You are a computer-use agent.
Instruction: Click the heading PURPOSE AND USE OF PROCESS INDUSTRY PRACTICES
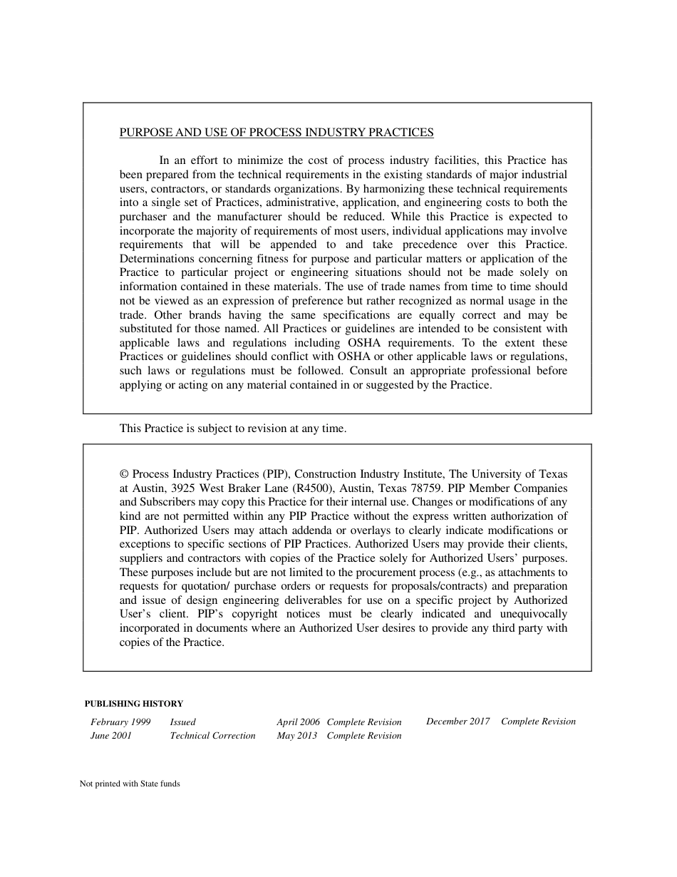point(276,133)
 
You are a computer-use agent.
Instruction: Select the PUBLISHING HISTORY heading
point(134,704)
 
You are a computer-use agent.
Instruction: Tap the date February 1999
point(120,722)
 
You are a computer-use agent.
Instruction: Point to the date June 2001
point(111,736)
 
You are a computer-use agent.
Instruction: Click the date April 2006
point(298,722)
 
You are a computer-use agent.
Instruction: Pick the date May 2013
point(296,736)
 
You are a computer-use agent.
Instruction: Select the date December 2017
point(458,722)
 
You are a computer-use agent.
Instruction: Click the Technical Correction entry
point(212,736)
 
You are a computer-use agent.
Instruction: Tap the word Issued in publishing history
point(182,722)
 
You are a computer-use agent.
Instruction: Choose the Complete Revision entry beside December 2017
point(538,722)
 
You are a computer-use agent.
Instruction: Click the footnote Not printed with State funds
point(130,784)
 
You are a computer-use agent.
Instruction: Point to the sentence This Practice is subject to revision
point(233,429)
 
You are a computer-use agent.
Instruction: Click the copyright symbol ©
point(124,474)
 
